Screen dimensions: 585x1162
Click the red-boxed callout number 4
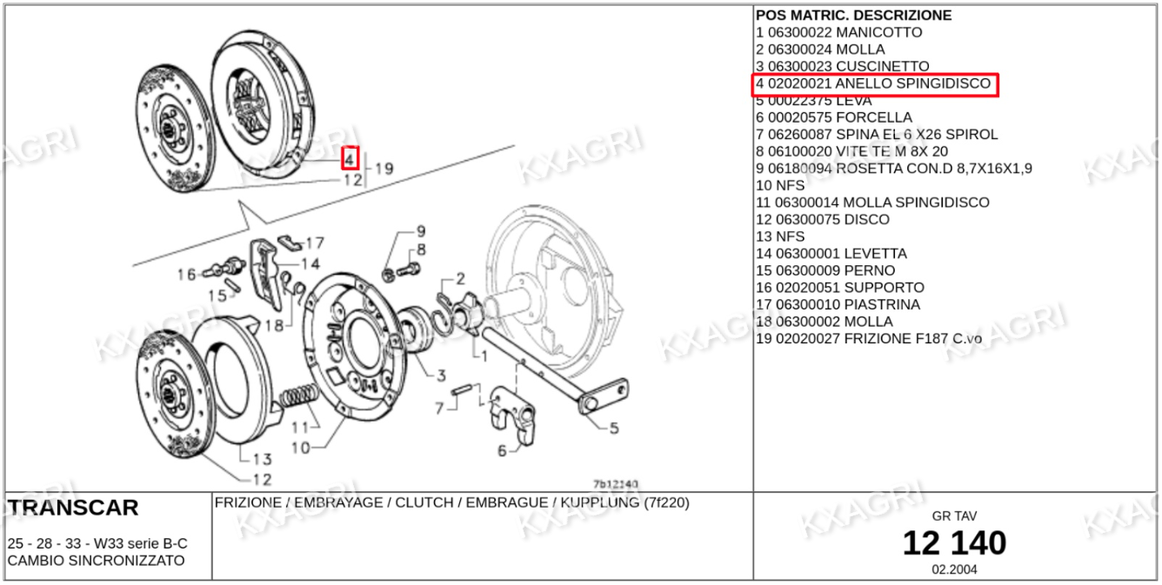pos(349,158)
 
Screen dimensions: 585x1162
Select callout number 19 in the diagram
pos(384,169)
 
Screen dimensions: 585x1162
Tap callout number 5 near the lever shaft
pos(613,427)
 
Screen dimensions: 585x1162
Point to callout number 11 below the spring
pos(299,427)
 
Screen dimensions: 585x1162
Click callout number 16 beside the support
pos(186,275)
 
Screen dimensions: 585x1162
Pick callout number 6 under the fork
pos(502,450)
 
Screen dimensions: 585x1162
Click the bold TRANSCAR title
pos(73,508)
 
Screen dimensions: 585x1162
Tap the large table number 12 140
pos(954,543)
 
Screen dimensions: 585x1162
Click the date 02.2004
pos(954,570)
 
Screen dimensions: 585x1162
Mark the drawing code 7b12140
pos(616,483)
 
